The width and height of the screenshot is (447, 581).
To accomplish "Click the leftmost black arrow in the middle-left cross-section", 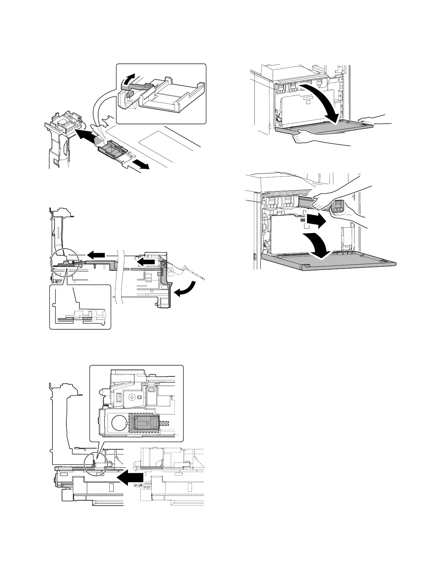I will click(95, 254).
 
